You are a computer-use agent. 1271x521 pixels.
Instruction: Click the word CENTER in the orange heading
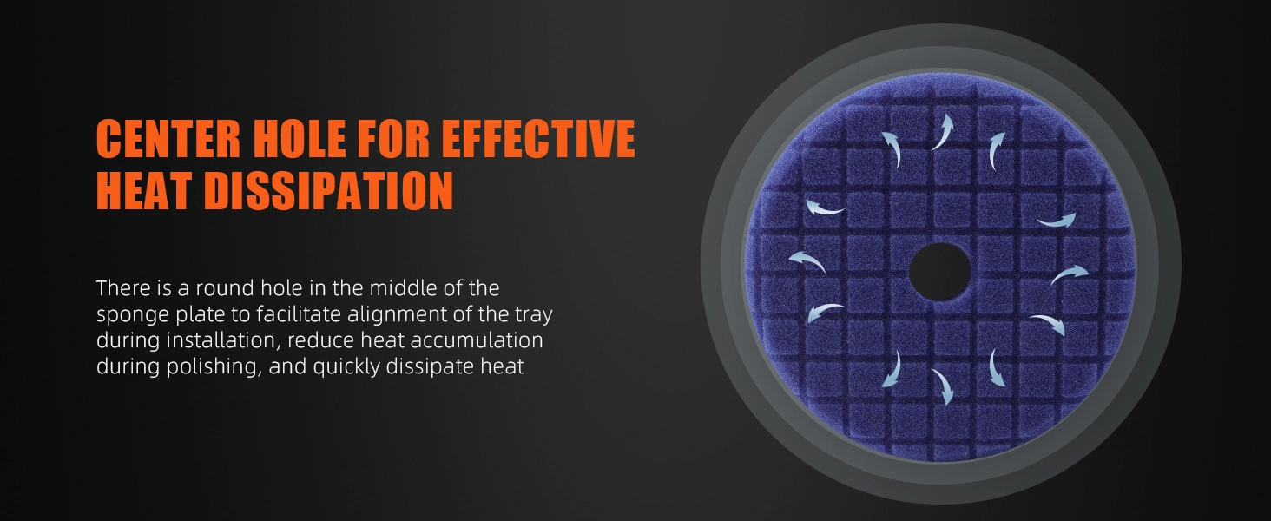[168, 138]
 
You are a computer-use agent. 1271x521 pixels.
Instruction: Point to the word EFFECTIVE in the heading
[539, 138]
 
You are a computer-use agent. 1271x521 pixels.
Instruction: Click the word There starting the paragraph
[123, 288]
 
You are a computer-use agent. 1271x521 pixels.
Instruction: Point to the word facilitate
[299, 313]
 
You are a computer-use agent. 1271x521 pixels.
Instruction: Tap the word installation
[223, 340]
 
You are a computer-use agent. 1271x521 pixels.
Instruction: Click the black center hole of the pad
[939, 272]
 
